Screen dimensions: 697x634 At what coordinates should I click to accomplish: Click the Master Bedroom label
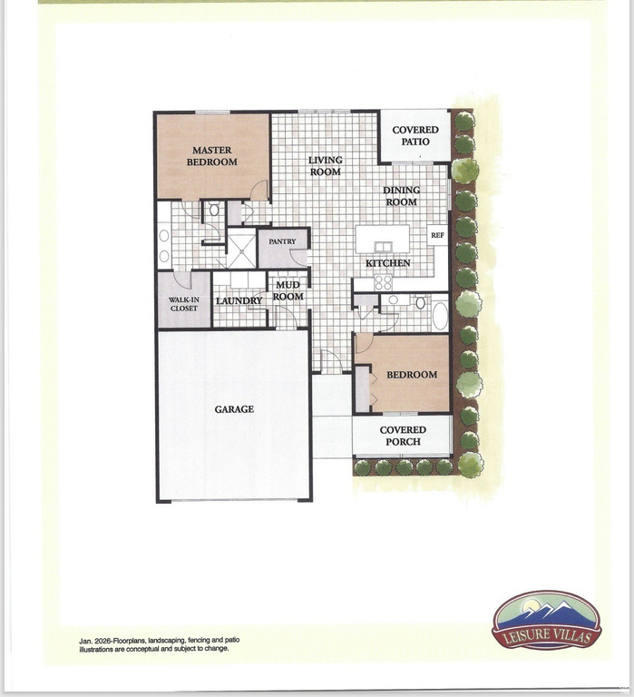pyautogui.click(x=211, y=156)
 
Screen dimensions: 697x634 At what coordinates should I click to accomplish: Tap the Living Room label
pyautogui.click(x=325, y=166)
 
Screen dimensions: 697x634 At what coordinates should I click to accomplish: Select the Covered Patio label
pyautogui.click(x=415, y=136)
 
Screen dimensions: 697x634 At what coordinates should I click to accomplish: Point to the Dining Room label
pyautogui.click(x=400, y=196)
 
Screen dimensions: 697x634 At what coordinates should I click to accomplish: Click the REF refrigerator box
pyautogui.click(x=437, y=236)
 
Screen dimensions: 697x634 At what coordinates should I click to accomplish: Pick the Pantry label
pyautogui.click(x=282, y=242)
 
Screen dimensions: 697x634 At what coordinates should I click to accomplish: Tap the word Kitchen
pyautogui.click(x=388, y=263)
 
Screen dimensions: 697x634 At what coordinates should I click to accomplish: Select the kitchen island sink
pyautogui.click(x=382, y=246)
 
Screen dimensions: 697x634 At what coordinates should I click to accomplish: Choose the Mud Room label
pyautogui.click(x=288, y=291)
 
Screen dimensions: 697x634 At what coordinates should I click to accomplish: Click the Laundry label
pyautogui.click(x=239, y=300)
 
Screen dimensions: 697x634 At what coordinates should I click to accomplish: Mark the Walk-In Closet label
pyautogui.click(x=184, y=302)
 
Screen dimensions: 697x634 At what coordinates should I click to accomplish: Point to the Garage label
pyautogui.click(x=234, y=409)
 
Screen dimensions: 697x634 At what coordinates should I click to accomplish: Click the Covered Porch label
pyautogui.click(x=403, y=437)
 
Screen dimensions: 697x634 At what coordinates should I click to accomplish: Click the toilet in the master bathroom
pyautogui.click(x=214, y=211)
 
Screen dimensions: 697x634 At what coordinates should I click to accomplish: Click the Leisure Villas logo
pyautogui.click(x=546, y=622)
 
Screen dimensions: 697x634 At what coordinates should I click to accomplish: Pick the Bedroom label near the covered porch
pyautogui.click(x=412, y=375)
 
